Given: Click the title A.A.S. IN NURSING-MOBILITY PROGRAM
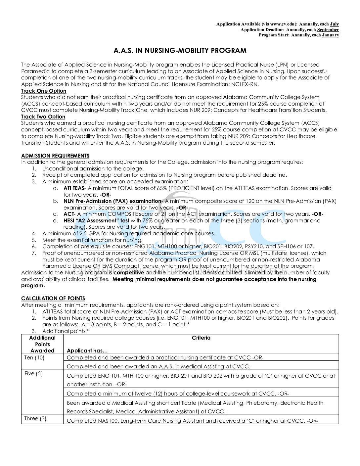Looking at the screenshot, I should (180, 51).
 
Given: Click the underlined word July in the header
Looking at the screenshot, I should (334, 24).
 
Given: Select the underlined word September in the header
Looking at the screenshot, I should (328, 29).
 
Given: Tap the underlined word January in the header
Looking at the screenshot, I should (330, 35).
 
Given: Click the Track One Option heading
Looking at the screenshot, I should (44, 91).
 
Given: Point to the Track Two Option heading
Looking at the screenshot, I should (43, 117).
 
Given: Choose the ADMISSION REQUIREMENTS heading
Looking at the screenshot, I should (55, 156).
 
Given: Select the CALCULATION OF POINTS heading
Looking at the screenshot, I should (53, 298).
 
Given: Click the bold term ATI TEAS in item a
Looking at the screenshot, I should (74, 188).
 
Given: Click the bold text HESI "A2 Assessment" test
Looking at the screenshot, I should (96, 220).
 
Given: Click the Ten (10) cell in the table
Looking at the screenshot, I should (34, 357).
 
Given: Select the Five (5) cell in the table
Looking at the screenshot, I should (33, 373).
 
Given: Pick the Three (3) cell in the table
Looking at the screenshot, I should (35, 418).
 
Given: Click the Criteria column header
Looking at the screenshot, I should (201, 338).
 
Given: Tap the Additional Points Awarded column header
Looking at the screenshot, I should (42, 344).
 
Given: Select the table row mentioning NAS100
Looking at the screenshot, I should (192, 421).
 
